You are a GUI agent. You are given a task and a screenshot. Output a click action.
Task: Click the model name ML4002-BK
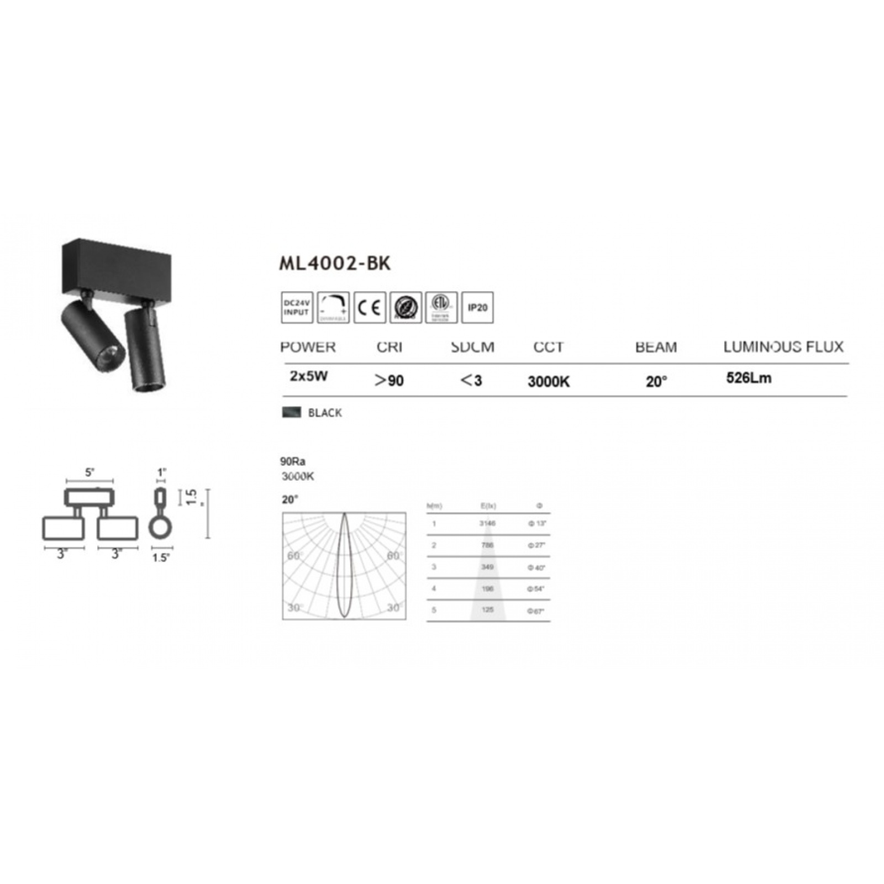pyautogui.click(x=335, y=264)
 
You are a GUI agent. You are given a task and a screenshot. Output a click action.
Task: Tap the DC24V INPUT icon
pyautogui.click(x=297, y=307)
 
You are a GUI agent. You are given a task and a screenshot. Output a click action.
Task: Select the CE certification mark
pyautogui.click(x=370, y=307)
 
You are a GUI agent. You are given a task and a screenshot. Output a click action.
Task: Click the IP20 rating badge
pyautogui.click(x=477, y=307)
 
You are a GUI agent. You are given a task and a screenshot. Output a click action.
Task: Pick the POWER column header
pyautogui.click(x=308, y=347)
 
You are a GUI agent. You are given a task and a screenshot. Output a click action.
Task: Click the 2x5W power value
pyautogui.click(x=309, y=377)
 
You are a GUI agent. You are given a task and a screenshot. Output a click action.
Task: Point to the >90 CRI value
pyautogui.click(x=389, y=381)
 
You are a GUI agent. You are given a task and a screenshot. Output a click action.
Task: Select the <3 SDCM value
pyautogui.click(x=471, y=381)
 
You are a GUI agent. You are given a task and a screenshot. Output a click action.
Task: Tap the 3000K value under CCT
pyautogui.click(x=549, y=382)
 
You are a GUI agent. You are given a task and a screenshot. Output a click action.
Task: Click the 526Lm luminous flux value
pyautogui.click(x=749, y=378)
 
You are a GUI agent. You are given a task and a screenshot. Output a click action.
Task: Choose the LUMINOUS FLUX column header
pyautogui.click(x=783, y=347)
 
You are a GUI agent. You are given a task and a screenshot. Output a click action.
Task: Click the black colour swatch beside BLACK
pyautogui.click(x=291, y=412)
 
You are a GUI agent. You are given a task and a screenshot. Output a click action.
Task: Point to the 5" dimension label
pyautogui.click(x=90, y=472)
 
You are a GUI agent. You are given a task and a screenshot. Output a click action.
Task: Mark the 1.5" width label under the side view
pyautogui.click(x=160, y=557)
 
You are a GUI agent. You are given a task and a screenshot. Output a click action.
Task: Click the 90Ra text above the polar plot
pyautogui.click(x=293, y=462)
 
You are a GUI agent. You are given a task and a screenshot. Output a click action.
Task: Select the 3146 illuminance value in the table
pyautogui.click(x=487, y=523)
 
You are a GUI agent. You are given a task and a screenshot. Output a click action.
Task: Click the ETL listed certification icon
pyautogui.click(x=441, y=307)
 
